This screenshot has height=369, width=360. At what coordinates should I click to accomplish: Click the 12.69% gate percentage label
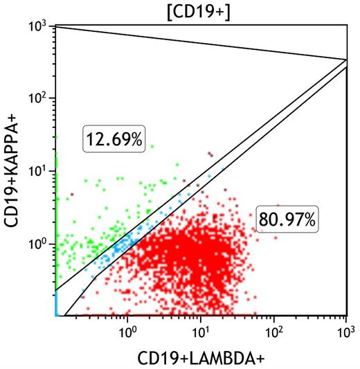pos(114,139)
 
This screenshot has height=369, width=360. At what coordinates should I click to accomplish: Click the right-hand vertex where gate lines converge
pos(346,60)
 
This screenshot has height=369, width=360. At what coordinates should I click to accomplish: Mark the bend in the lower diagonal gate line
pos(95,276)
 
